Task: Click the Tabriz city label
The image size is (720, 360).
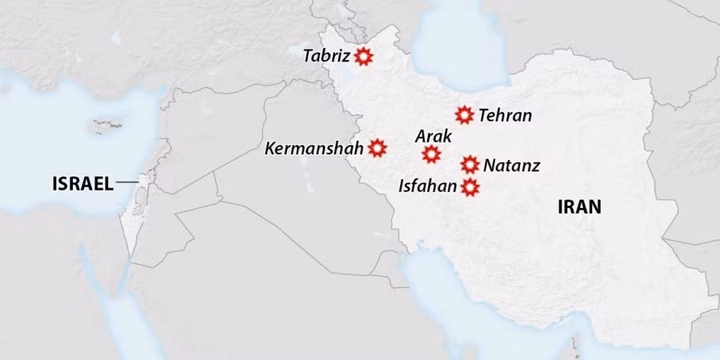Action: tap(326, 57)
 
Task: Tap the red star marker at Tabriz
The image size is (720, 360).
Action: tap(363, 56)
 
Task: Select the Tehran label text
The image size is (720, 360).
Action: tap(505, 115)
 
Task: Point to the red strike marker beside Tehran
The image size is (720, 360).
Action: tap(464, 114)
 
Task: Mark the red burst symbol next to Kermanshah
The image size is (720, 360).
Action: tap(378, 147)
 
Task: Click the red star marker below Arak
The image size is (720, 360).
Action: tap(431, 154)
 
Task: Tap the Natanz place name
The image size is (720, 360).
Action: tap(511, 166)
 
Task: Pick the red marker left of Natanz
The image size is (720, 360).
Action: tap(470, 165)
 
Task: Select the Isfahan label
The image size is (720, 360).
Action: tap(427, 187)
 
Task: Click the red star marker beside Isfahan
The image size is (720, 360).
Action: tap(470, 186)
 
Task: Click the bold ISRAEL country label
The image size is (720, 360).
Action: tap(82, 184)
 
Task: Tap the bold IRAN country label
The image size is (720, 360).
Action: tap(579, 208)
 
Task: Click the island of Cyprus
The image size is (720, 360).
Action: tap(106, 125)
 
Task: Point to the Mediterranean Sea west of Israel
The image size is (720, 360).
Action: tap(64, 128)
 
